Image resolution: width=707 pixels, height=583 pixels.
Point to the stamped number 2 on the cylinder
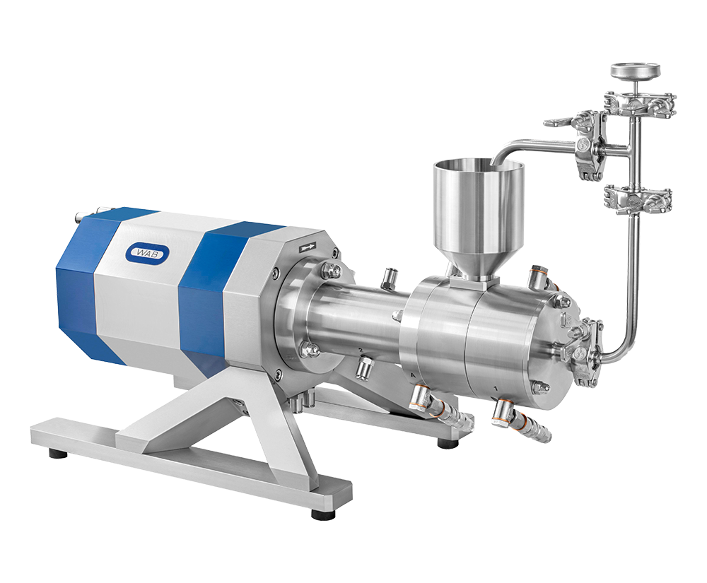click(361, 350)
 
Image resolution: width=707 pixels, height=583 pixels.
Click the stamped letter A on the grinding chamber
click(413, 375)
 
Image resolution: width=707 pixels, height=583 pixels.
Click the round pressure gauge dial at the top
click(635, 70)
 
